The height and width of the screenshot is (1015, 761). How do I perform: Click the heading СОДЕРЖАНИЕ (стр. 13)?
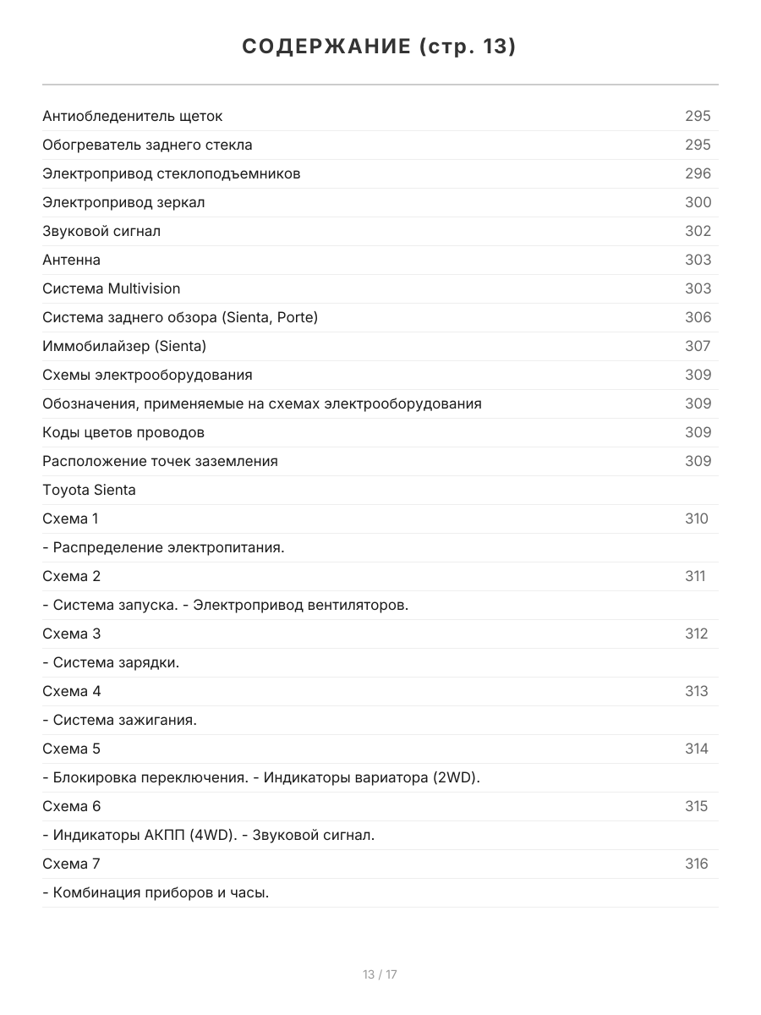380,47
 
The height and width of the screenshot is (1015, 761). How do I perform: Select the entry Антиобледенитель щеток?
133,116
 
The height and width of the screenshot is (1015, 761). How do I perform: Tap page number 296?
698,173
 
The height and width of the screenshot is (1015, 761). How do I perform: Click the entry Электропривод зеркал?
123,202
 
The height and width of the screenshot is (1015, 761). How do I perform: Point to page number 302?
698,231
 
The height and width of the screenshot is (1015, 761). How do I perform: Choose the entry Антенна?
71,260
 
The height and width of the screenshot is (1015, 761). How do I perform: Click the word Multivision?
144,288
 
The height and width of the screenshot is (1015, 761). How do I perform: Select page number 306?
698,317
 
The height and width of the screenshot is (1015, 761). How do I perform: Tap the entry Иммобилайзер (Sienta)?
124,346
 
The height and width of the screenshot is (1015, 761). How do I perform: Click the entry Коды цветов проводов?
123,432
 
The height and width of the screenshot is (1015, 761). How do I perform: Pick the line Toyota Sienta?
89,490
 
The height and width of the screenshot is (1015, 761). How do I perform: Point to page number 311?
695,576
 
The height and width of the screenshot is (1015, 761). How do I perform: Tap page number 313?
697,691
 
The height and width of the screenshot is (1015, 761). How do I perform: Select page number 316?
697,864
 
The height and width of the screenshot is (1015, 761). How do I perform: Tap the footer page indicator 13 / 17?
380,974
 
